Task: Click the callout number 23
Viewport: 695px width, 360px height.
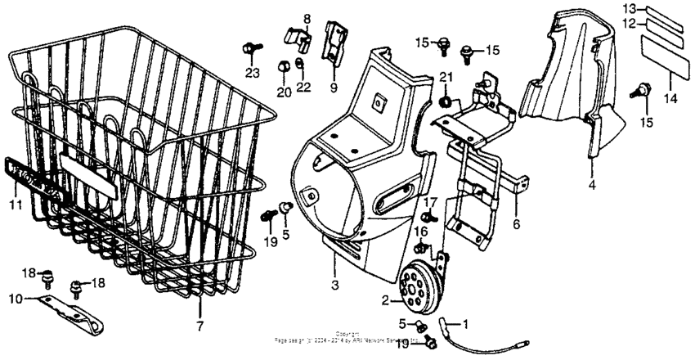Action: (252, 74)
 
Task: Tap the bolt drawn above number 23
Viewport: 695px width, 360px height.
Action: (250, 49)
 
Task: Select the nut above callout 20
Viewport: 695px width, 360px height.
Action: (283, 65)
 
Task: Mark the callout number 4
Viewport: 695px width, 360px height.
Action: (590, 185)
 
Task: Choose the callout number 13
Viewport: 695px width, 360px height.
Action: (629, 8)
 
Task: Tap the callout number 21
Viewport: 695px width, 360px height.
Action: (445, 78)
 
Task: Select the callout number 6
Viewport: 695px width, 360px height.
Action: (516, 224)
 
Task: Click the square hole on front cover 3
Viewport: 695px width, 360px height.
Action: (379, 102)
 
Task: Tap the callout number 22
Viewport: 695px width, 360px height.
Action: (304, 88)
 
